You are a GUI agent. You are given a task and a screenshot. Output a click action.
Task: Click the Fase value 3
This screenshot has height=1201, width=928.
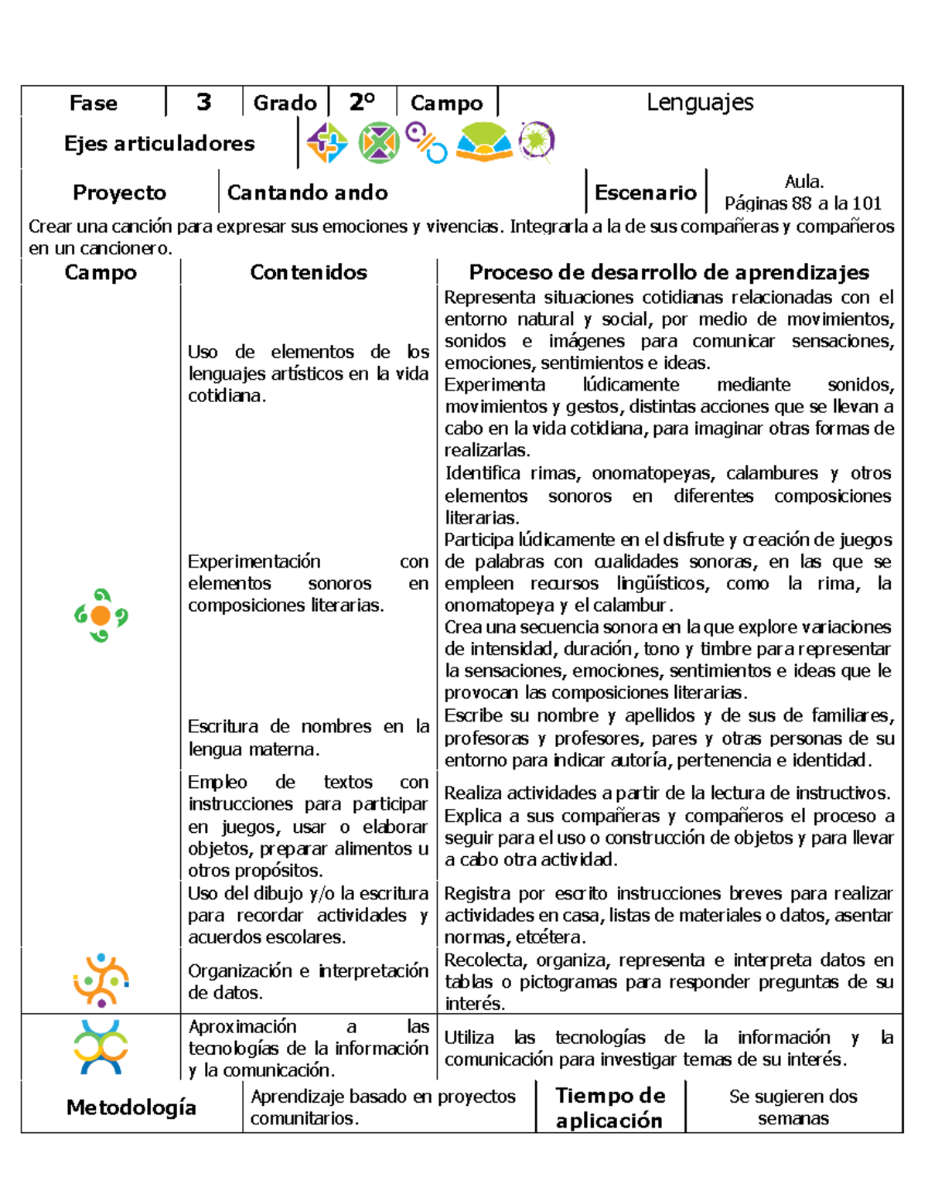[203, 102]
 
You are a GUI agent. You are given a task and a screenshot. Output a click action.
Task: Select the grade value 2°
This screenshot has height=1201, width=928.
[362, 102]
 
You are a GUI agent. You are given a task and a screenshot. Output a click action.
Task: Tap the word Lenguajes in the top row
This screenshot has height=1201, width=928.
[700, 102]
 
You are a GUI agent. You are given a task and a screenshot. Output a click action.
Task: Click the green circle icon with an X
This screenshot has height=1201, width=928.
[378, 143]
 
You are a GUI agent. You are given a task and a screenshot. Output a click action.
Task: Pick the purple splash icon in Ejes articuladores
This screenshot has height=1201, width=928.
[536, 141]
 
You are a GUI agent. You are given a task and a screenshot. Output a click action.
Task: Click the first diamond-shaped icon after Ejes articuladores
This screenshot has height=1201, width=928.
[327, 143]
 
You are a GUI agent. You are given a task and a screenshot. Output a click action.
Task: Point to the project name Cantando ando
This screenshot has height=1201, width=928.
[308, 193]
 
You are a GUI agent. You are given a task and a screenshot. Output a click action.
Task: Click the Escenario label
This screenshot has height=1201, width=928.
[645, 193]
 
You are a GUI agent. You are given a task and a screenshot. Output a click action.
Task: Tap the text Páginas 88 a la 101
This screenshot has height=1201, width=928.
[803, 203]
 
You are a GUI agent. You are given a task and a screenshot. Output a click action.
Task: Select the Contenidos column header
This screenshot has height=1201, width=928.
[309, 272]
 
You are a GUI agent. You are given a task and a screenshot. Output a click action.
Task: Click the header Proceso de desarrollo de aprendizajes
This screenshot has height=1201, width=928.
[669, 272]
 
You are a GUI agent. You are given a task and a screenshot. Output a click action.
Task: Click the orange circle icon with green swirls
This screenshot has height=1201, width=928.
[101, 616]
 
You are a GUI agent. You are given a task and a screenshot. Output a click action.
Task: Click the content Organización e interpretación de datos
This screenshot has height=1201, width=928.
[308, 981]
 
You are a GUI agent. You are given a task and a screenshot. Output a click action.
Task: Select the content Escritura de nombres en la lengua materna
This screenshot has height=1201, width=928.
[308, 738]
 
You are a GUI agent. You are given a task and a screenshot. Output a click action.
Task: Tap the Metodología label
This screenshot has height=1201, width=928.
[131, 1107]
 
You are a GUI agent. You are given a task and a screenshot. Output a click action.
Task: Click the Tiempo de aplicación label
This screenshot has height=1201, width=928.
[609, 1107]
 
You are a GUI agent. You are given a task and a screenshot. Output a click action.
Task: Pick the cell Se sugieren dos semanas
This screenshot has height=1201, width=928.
[793, 1107]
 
